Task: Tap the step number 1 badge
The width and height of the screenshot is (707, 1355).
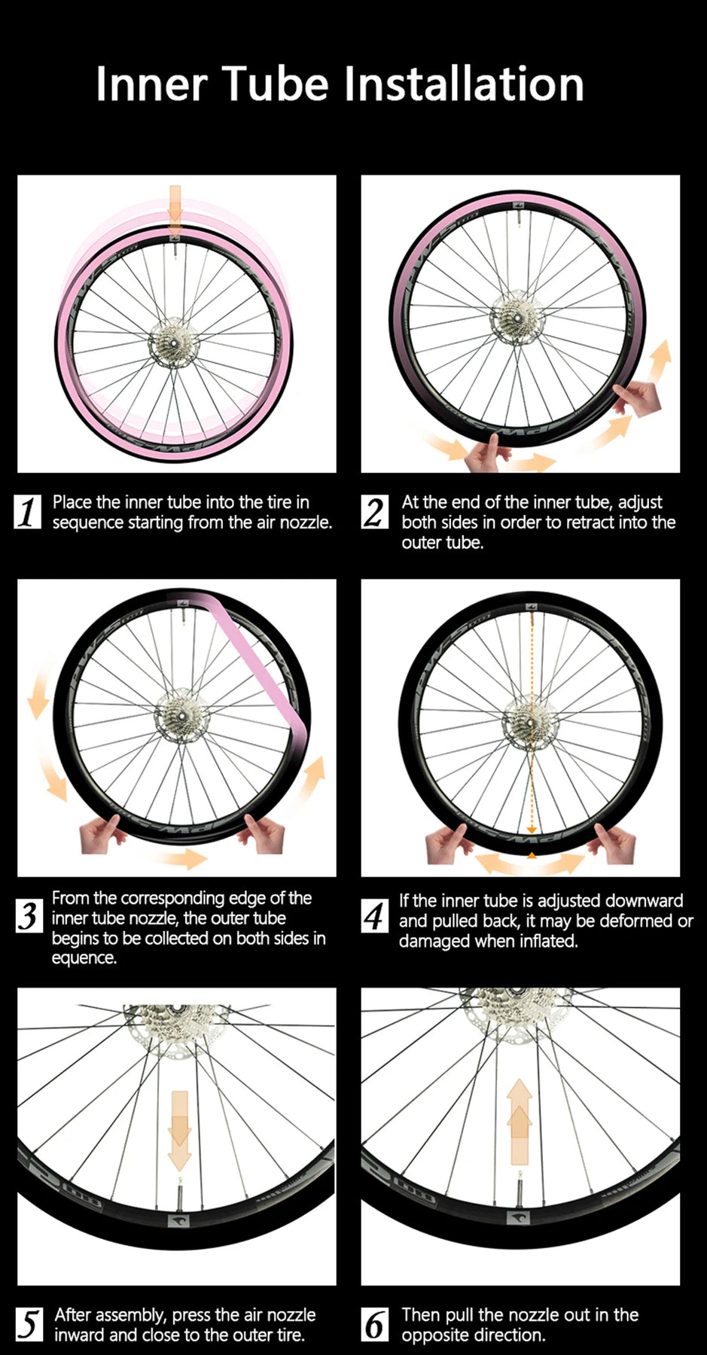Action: (x=28, y=512)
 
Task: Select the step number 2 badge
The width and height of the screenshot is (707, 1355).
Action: (x=375, y=512)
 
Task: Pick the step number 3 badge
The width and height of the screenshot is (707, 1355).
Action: (x=29, y=916)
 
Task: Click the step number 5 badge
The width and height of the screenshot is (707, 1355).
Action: (x=29, y=1324)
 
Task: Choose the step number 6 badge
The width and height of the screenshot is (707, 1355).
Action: (x=375, y=1324)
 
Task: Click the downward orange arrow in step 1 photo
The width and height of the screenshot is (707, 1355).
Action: (x=175, y=209)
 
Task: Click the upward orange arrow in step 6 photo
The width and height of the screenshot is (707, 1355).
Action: (x=520, y=1122)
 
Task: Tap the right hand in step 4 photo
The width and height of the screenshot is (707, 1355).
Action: (x=614, y=842)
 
